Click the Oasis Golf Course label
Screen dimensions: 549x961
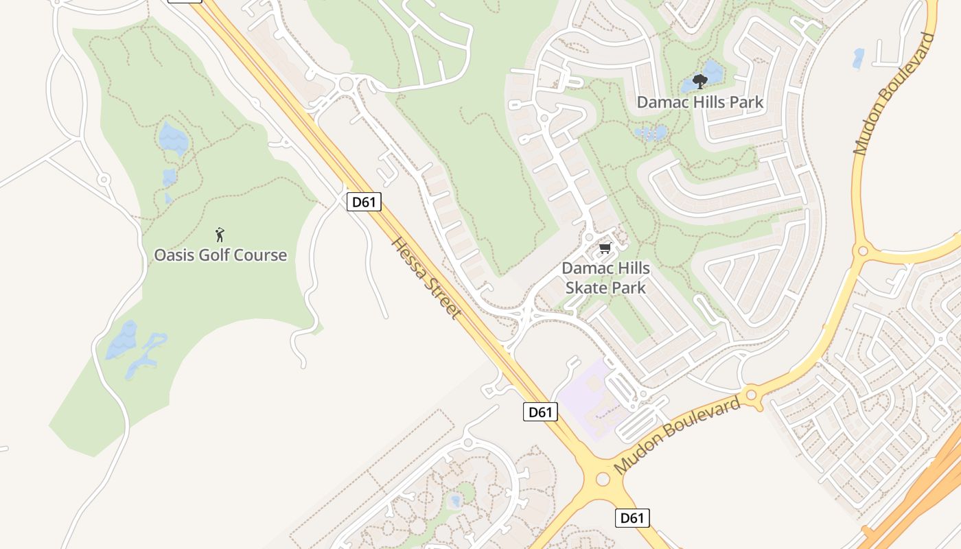pos(220,255)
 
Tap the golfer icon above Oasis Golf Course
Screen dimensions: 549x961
pos(220,235)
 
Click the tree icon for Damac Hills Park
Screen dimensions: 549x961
pos(699,82)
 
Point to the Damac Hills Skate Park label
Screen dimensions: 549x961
pos(605,277)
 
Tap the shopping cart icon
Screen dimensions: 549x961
pos(605,248)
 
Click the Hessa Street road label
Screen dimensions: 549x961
pos(426,278)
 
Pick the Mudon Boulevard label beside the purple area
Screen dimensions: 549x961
pos(678,435)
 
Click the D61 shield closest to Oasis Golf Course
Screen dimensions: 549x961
pos(364,202)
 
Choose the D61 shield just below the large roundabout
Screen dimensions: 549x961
pos(632,517)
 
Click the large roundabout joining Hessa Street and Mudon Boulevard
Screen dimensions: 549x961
pos(603,479)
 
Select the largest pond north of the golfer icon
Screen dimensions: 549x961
pos(173,139)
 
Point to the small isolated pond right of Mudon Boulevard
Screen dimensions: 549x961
pos(858,58)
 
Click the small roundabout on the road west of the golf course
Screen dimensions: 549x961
pos(104,180)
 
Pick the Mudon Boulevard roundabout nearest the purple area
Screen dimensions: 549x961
pos(751,395)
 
